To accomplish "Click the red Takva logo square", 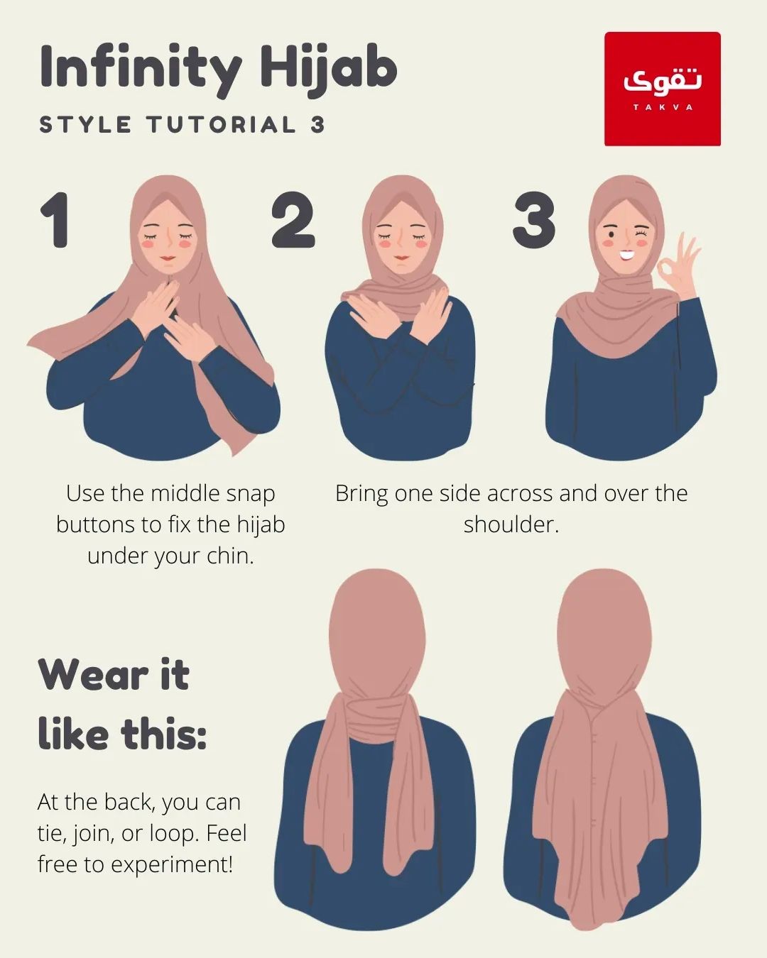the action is [x=663, y=89].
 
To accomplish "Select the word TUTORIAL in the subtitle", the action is [x=222, y=124].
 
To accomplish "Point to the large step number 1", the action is [x=55, y=219].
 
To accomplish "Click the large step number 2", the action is [x=293, y=219].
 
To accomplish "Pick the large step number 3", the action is [x=534, y=219].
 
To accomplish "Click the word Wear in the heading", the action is [x=94, y=675].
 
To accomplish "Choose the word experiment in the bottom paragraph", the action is [x=171, y=866].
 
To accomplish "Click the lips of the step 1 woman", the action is [x=168, y=258].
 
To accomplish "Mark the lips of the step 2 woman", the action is [x=401, y=258].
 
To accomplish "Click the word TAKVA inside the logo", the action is [x=663, y=107].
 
